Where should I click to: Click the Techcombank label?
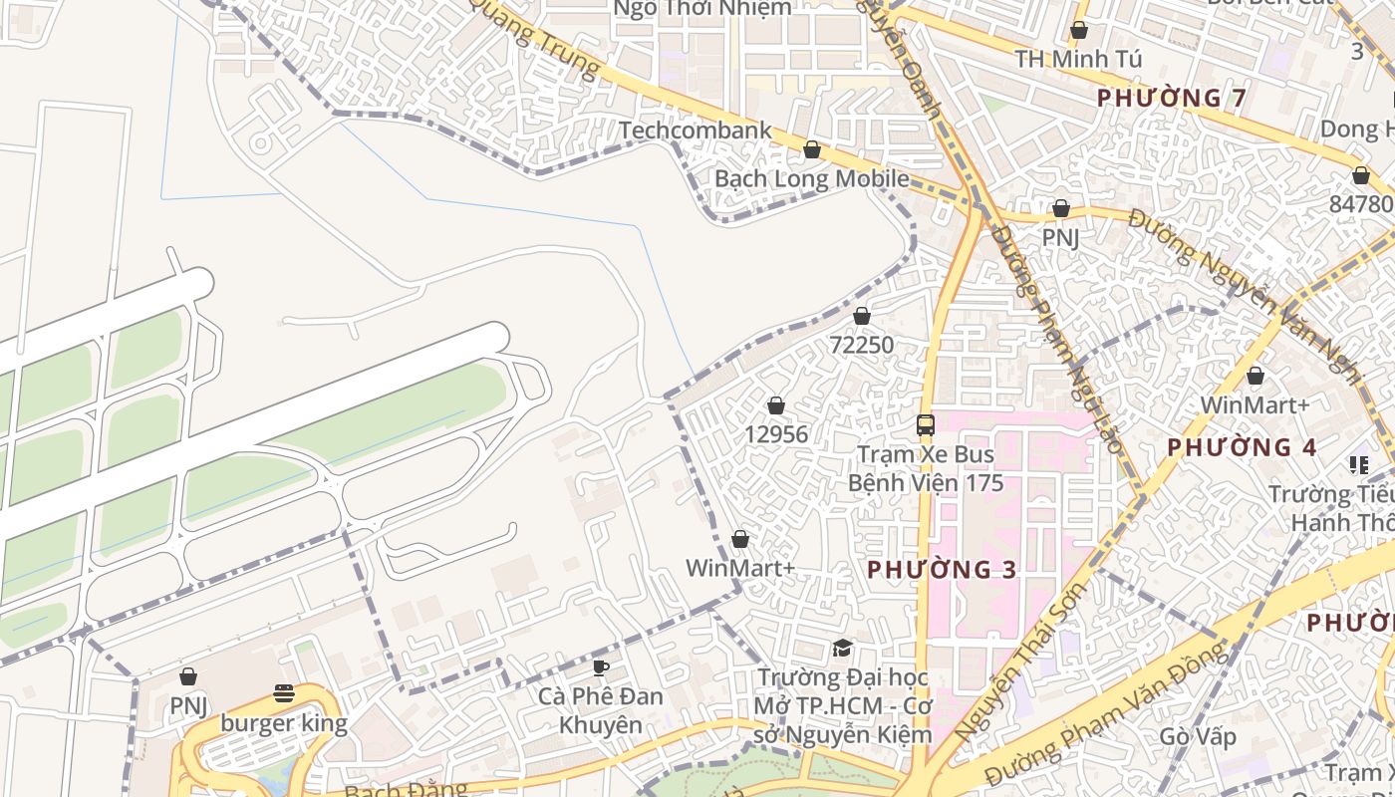695,131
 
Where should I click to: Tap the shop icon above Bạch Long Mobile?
812,150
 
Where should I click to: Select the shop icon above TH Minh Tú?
1078,31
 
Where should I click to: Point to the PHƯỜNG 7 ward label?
1172,98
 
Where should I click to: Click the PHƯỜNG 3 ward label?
942,570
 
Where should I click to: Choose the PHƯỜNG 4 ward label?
1242,447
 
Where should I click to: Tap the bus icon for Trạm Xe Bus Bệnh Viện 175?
925,425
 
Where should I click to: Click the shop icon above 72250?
862,316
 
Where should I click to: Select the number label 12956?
776,435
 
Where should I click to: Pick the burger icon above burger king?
284,693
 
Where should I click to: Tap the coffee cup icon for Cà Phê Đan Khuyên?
600,667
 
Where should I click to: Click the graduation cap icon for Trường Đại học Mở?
842,649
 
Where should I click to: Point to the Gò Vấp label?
1198,737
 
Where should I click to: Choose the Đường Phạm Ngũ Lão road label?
1056,339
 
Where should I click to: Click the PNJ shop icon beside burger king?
187,677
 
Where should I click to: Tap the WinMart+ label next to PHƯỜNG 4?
1255,405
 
